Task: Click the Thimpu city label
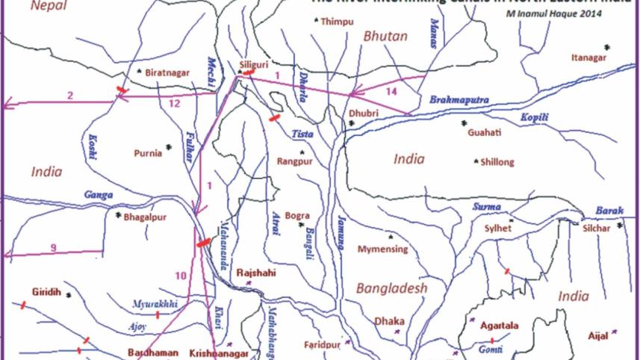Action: (337, 22)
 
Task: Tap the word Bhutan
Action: (385, 36)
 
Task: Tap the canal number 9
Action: (54, 247)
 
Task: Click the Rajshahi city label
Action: (256, 273)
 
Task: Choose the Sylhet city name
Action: (497, 229)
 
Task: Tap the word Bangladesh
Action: (391, 288)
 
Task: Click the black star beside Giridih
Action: (69, 295)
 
